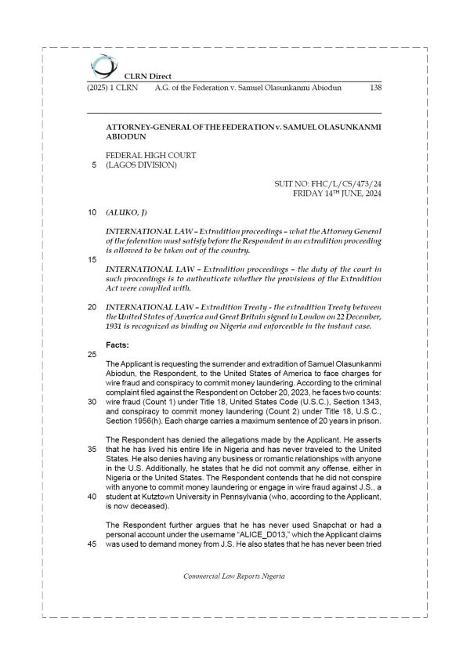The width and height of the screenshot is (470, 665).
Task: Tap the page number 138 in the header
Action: [x=374, y=88]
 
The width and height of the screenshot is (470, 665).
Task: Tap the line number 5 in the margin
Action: [x=94, y=165]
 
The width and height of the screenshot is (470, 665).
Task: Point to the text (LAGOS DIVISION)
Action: [x=142, y=165]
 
